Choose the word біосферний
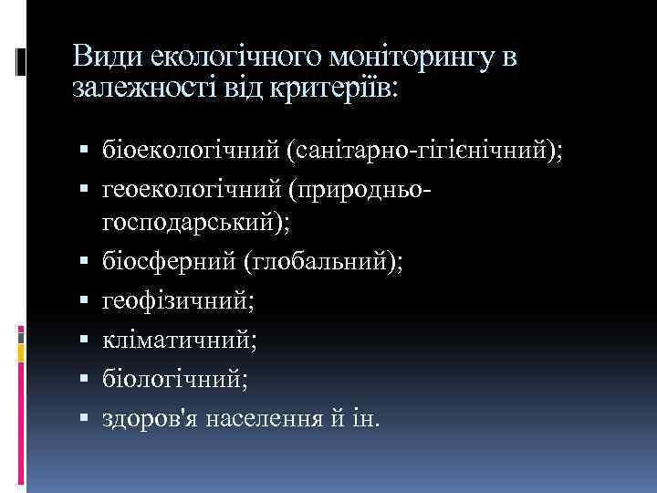(161, 261)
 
